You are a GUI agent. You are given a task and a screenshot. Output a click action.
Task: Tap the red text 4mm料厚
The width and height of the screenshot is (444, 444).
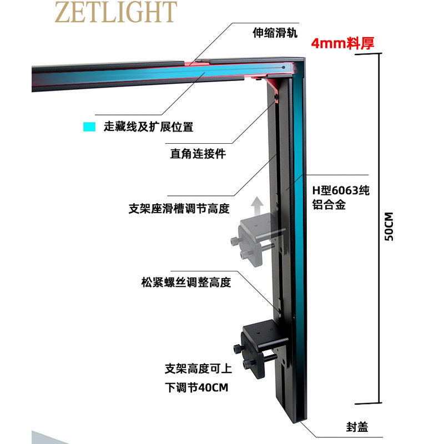pos(342,43)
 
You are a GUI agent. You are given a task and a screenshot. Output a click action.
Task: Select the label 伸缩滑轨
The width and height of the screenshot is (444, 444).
pos(275,33)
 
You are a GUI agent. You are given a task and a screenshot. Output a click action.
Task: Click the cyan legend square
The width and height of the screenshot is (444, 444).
pos(89,127)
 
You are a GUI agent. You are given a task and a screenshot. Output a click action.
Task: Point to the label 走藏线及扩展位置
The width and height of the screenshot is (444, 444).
pos(148,127)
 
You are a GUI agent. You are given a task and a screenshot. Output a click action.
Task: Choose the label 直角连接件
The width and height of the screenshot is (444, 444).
pos(198,154)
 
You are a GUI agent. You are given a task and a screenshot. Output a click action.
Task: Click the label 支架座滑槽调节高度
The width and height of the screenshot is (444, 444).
pos(179,209)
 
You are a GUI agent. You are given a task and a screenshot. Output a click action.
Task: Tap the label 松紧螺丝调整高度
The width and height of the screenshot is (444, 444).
pos(186,282)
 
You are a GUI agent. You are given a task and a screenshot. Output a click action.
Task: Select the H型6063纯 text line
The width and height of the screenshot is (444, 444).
pos(341,190)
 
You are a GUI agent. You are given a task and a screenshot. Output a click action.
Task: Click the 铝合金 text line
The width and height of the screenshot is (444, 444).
pos(329,204)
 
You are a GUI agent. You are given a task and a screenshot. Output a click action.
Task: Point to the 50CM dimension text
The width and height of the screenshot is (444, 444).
pos(389,226)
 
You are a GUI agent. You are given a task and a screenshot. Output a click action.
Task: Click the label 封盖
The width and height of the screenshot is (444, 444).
pos(357,427)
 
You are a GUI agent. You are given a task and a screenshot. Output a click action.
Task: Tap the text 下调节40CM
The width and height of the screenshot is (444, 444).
pos(196,387)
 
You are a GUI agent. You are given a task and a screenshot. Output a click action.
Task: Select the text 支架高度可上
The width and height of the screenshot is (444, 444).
pos(198,369)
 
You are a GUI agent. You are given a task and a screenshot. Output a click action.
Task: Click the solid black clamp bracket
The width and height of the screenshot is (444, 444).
pos(259,349)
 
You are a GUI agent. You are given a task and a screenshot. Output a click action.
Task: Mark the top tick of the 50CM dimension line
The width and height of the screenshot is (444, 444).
pos(368,53)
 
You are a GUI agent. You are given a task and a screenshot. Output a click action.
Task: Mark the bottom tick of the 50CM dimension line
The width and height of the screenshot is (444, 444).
pos(368,403)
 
